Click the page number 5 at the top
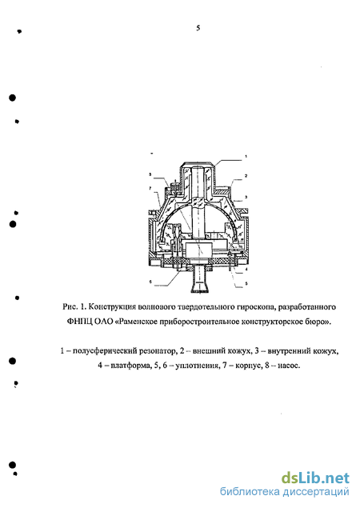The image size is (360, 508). [x=198, y=28]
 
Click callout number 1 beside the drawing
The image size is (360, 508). [x=246, y=157]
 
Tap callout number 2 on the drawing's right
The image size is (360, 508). [x=246, y=176]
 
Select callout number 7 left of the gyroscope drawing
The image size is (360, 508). [x=150, y=187]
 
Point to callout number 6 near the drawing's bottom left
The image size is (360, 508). [x=150, y=282]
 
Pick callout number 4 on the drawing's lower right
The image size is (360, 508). [x=246, y=270]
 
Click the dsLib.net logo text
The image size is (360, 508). [x=315, y=478]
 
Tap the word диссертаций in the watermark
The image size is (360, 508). [x=316, y=492]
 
